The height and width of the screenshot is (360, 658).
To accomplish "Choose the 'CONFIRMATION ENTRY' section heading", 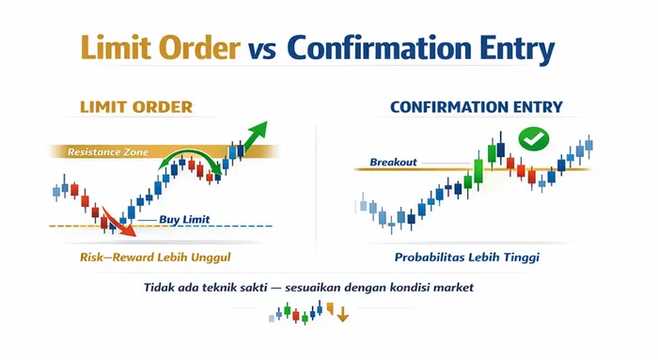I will [476, 107].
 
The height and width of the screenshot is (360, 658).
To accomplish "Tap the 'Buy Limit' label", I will [184, 220].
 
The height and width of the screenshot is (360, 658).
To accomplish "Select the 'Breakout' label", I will [393, 162].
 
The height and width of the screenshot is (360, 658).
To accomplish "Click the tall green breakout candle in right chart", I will [478, 172].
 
